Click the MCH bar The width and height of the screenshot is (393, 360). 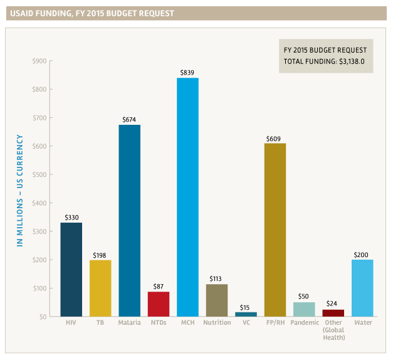click(187, 197)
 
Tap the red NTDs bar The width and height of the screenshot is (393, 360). click(159, 304)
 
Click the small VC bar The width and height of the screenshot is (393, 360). click(246, 314)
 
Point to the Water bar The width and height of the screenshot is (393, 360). click(362, 288)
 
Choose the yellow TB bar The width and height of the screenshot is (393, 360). click(100, 289)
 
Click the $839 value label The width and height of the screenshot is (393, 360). click(187, 73)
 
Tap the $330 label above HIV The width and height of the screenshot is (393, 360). click(71, 218)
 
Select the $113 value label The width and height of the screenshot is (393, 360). click(217, 279)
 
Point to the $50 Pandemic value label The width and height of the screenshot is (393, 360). click(303, 297)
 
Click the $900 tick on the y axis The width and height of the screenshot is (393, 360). click(39, 61)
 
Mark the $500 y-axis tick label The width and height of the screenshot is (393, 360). click(39, 175)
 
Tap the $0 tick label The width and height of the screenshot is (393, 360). click(42, 317)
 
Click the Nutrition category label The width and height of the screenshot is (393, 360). click(217, 324)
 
